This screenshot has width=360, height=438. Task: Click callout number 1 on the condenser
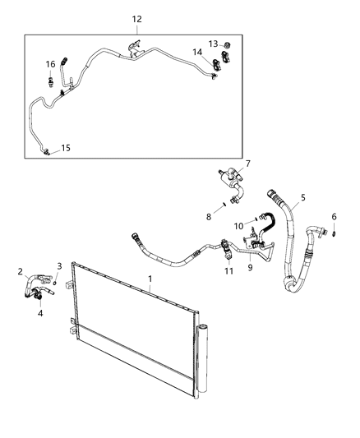149,279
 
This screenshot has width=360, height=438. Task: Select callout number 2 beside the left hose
21,271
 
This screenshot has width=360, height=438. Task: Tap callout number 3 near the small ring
59,265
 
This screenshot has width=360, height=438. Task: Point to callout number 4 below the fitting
40,313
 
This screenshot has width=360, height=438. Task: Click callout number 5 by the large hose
303,197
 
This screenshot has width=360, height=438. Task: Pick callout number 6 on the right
334,216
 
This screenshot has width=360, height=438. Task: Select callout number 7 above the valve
247,164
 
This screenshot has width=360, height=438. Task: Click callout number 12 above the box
136,18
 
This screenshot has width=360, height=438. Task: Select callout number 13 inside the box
212,44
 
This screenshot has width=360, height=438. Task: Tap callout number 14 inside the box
197,52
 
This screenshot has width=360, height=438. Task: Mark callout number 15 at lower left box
66,148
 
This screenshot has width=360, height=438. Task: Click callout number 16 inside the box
49,63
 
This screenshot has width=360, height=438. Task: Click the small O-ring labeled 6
336,233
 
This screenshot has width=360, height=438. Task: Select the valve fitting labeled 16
50,81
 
